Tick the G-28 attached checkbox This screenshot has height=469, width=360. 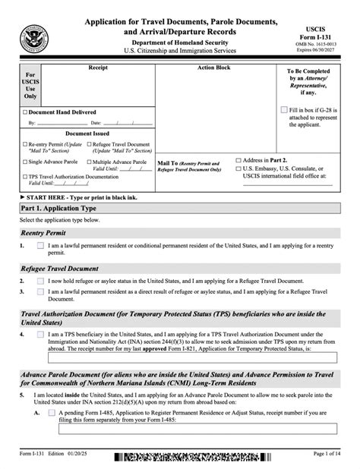(x=284, y=109)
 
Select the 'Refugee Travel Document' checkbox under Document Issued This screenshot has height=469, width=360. (x=90, y=142)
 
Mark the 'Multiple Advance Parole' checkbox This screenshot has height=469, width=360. (x=90, y=162)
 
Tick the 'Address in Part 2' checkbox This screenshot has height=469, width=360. (x=240, y=161)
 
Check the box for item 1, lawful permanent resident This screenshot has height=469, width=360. (x=40, y=247)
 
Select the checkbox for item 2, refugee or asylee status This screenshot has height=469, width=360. (x=40, y=281)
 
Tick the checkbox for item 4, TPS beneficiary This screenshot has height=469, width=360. (x=40, y=333)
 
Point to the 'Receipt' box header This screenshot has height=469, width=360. (x=98, y=68)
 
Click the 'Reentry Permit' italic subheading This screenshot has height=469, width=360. (x=43, y=233)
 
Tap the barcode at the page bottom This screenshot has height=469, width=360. (x=182, y=459)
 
